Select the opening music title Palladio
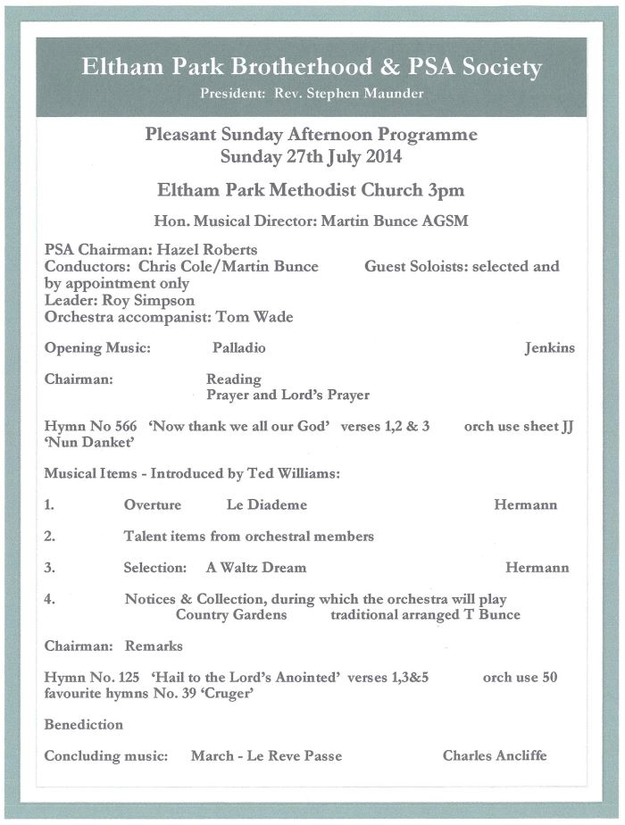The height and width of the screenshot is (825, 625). click(x=238, y=348)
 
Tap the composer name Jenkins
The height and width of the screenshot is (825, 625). click(x=549, y=348)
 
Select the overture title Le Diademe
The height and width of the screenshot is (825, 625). click(x=266, y=505)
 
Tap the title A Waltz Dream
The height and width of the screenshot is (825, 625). click(x=255, y=568)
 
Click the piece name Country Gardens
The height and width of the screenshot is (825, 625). click(x=231, y=614)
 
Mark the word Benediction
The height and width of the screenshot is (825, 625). click(x=84, y=724)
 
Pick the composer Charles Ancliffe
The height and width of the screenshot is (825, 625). click(x=495, y=756)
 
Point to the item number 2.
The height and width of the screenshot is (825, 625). click(x=50, y=537)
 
